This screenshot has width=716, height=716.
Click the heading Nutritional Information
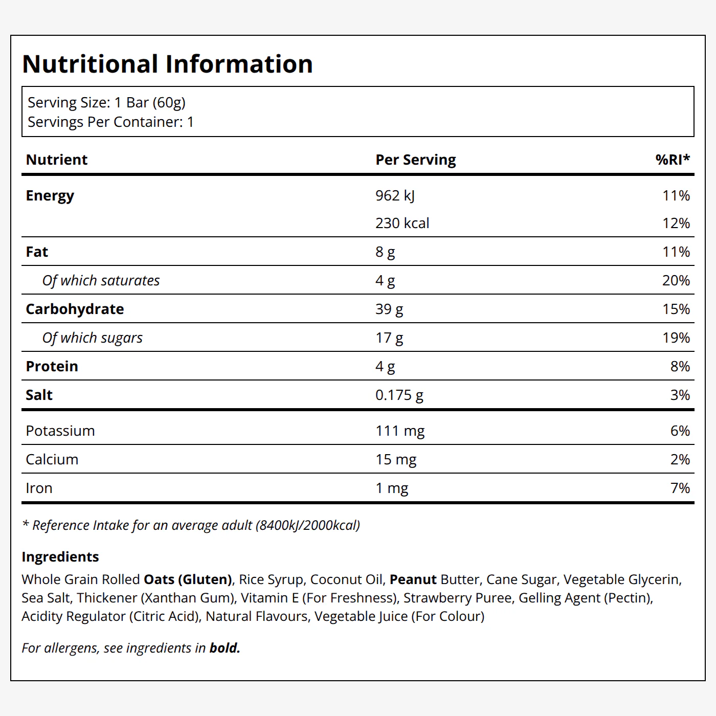[x=167, y=64]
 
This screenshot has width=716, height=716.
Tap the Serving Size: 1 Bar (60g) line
[x=107, y=103]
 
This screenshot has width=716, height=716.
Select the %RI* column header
[x=673, y=160]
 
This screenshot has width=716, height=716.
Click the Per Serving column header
[x=415, y=160]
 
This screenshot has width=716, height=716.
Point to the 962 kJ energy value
[x=395, y=196]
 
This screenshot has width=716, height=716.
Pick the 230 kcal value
[x=402, y=223]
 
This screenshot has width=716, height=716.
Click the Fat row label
[x=37, y=252]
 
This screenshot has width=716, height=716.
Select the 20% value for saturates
[x=676, y=281]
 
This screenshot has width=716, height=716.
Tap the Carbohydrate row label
[x=75, y=309]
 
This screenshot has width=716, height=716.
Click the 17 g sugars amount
[x=389, y=338]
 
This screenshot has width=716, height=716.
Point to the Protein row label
[x=52, y=366]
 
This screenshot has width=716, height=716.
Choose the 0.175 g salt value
[x=399, y=395]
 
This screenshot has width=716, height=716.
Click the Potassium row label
[x=60, y=431]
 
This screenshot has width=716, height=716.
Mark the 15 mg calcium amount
[x=396, y=460]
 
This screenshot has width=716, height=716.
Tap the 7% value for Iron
[x=680, y=488]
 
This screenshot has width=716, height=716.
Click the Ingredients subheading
[x=60, y=557]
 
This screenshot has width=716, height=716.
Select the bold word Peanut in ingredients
[x=413, y=579]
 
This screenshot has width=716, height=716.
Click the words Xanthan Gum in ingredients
[x=188, y=598]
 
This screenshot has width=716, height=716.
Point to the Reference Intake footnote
[x=191, y=525]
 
